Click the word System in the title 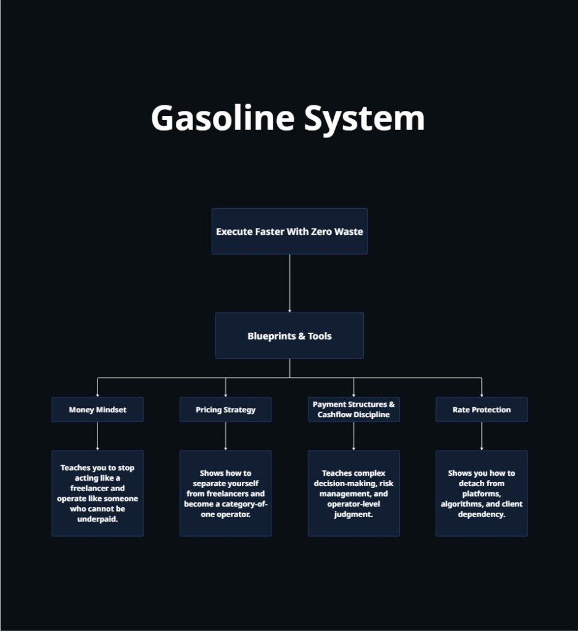click(365, 118)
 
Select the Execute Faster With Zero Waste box click(289, 231)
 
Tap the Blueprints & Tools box click(289, 335)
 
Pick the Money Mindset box click(97, 409)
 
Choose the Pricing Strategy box click(225, 409)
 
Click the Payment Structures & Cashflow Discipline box click(353, 409)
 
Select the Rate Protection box click(481, 409)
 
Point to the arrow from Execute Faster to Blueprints click(289, 283)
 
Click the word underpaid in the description click(97, 519)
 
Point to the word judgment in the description click(353, 515)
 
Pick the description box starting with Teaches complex click(353, 493)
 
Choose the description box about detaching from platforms click(481, 493)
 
